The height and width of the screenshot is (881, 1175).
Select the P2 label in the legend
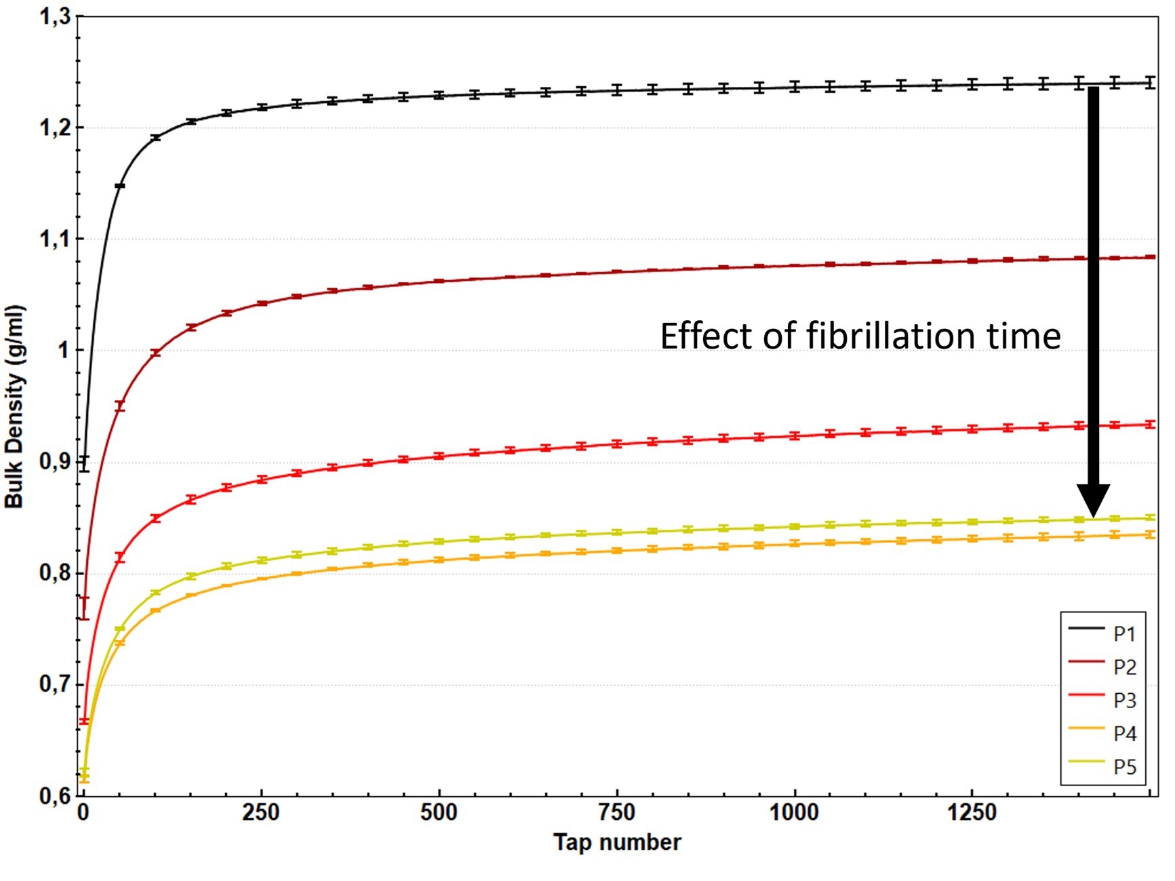[1123, 667]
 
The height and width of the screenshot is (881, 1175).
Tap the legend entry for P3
[1123, 700]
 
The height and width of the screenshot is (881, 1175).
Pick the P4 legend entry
[1123, 733]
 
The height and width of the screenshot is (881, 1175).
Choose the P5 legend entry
[1123, 766]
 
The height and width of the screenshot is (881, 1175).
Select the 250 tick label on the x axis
[261, 812]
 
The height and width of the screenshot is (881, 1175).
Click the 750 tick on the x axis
[616, 812]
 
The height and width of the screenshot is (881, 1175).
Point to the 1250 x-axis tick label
[972, 812]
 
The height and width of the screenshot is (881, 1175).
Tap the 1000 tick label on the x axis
[794, 812]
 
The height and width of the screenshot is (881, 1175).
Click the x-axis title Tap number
[616, 842]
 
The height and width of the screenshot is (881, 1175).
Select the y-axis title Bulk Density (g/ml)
[15, 407]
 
